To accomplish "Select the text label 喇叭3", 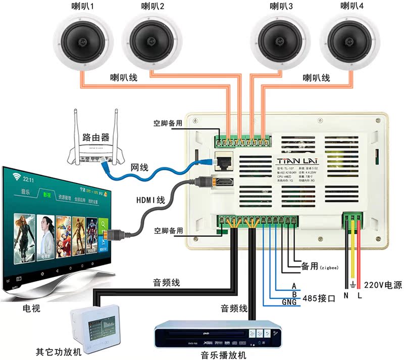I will tap(281, 7).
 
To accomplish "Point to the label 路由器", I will tap(95, 137).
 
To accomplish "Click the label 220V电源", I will tap(383, 285).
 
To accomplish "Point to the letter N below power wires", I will tap(346, 296).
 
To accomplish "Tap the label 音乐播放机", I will tap(223, 354).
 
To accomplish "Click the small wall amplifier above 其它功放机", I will tap(95, 324).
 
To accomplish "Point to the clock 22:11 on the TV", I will tap(28, 179).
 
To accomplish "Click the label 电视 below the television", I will tap(31, 308).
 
